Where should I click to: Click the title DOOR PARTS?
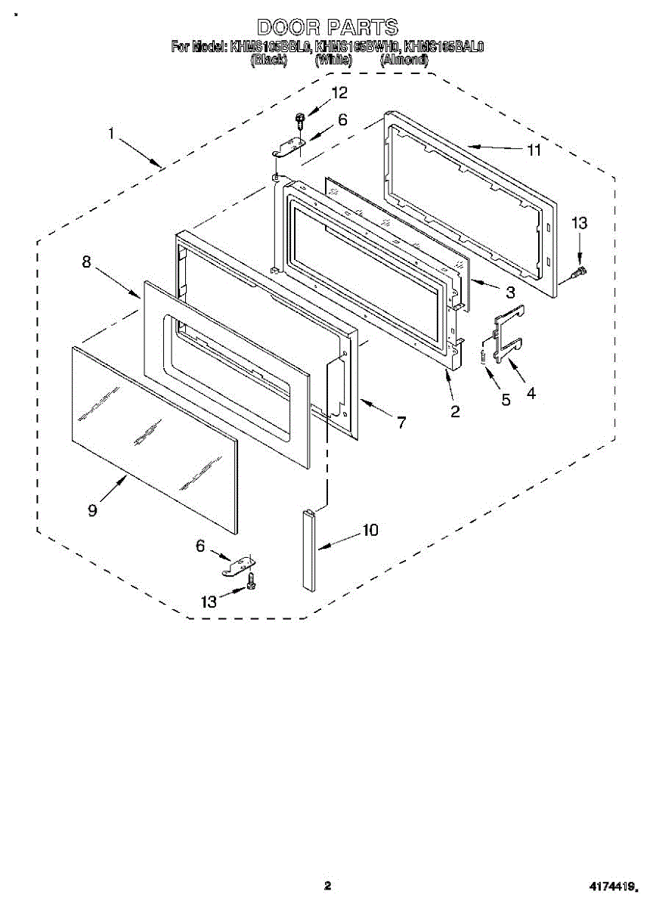(326, 28)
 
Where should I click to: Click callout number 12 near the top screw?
(339, 93)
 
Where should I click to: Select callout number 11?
(534, 150)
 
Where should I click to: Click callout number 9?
(92, 510)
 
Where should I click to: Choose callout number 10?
(370, 530)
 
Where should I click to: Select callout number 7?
(401, 423)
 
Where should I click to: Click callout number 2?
(455, 412)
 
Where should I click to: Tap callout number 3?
(510, 291)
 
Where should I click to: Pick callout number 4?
(531, 393)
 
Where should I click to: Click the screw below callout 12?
(301, 119)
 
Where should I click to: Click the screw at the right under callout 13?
(581, 269)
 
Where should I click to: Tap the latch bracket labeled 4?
(506, 333)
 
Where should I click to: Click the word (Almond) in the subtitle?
(404, 60)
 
